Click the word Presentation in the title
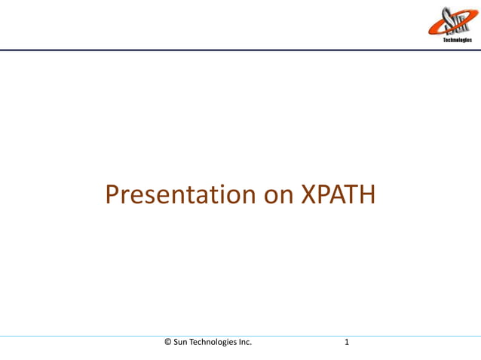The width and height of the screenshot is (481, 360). (x=181, y=194)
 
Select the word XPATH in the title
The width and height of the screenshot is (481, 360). (x=338, y=194)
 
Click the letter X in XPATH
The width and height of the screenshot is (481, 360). (x=309, y=194)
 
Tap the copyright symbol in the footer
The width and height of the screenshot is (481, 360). (x=168, y=342)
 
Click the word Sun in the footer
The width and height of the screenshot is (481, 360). (x=182, y=342)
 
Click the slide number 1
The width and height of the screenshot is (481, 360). (x=347, y=342)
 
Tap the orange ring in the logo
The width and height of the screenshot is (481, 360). (x=434, y=28)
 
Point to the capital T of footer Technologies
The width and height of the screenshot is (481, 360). (x=195, y=342)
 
